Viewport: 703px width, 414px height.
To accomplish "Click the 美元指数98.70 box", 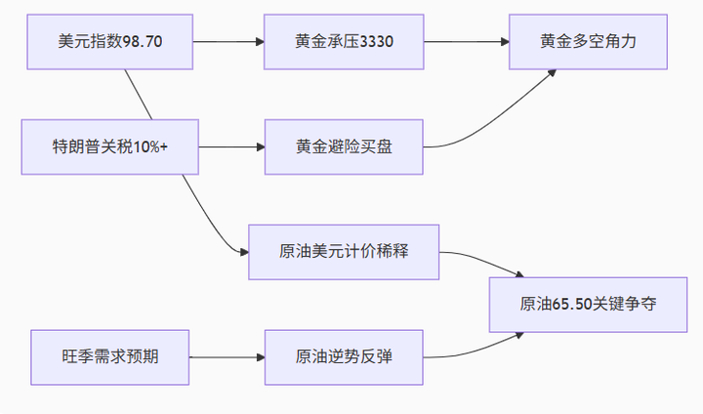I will pyautogui.click(x=109, y=42).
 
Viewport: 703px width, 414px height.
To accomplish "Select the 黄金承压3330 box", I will pyautogui.click(x=344, y=42).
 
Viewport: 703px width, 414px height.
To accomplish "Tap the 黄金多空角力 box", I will pyautogui.click(x=589, y=42).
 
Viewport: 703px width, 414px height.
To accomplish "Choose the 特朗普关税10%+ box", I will pyautogui.click(x=109, y=147).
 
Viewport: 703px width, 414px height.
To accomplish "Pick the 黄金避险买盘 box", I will pyautogui.click(x=344, y=147).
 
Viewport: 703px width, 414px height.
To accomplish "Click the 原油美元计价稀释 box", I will pyautogui.click(x=344, y=252).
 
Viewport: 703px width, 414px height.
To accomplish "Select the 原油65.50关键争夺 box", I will pyautogui.click(x=588, y=305).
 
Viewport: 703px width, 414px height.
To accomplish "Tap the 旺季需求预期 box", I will pyautogui.click(x=109, y=357).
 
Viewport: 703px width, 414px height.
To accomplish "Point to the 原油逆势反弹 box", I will pyautogui.click(x=344, y=357).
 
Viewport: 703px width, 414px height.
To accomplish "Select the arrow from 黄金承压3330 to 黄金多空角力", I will pyautogui.click(x=467, y=42).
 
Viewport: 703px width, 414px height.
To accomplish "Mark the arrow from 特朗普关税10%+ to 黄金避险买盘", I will pyautogui.click(x=229, y=147).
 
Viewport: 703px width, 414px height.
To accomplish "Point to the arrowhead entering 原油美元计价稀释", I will pyautogui.click(x=243, y=252).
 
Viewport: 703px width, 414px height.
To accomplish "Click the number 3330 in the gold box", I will pyautogui.click(x=375, y=42).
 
